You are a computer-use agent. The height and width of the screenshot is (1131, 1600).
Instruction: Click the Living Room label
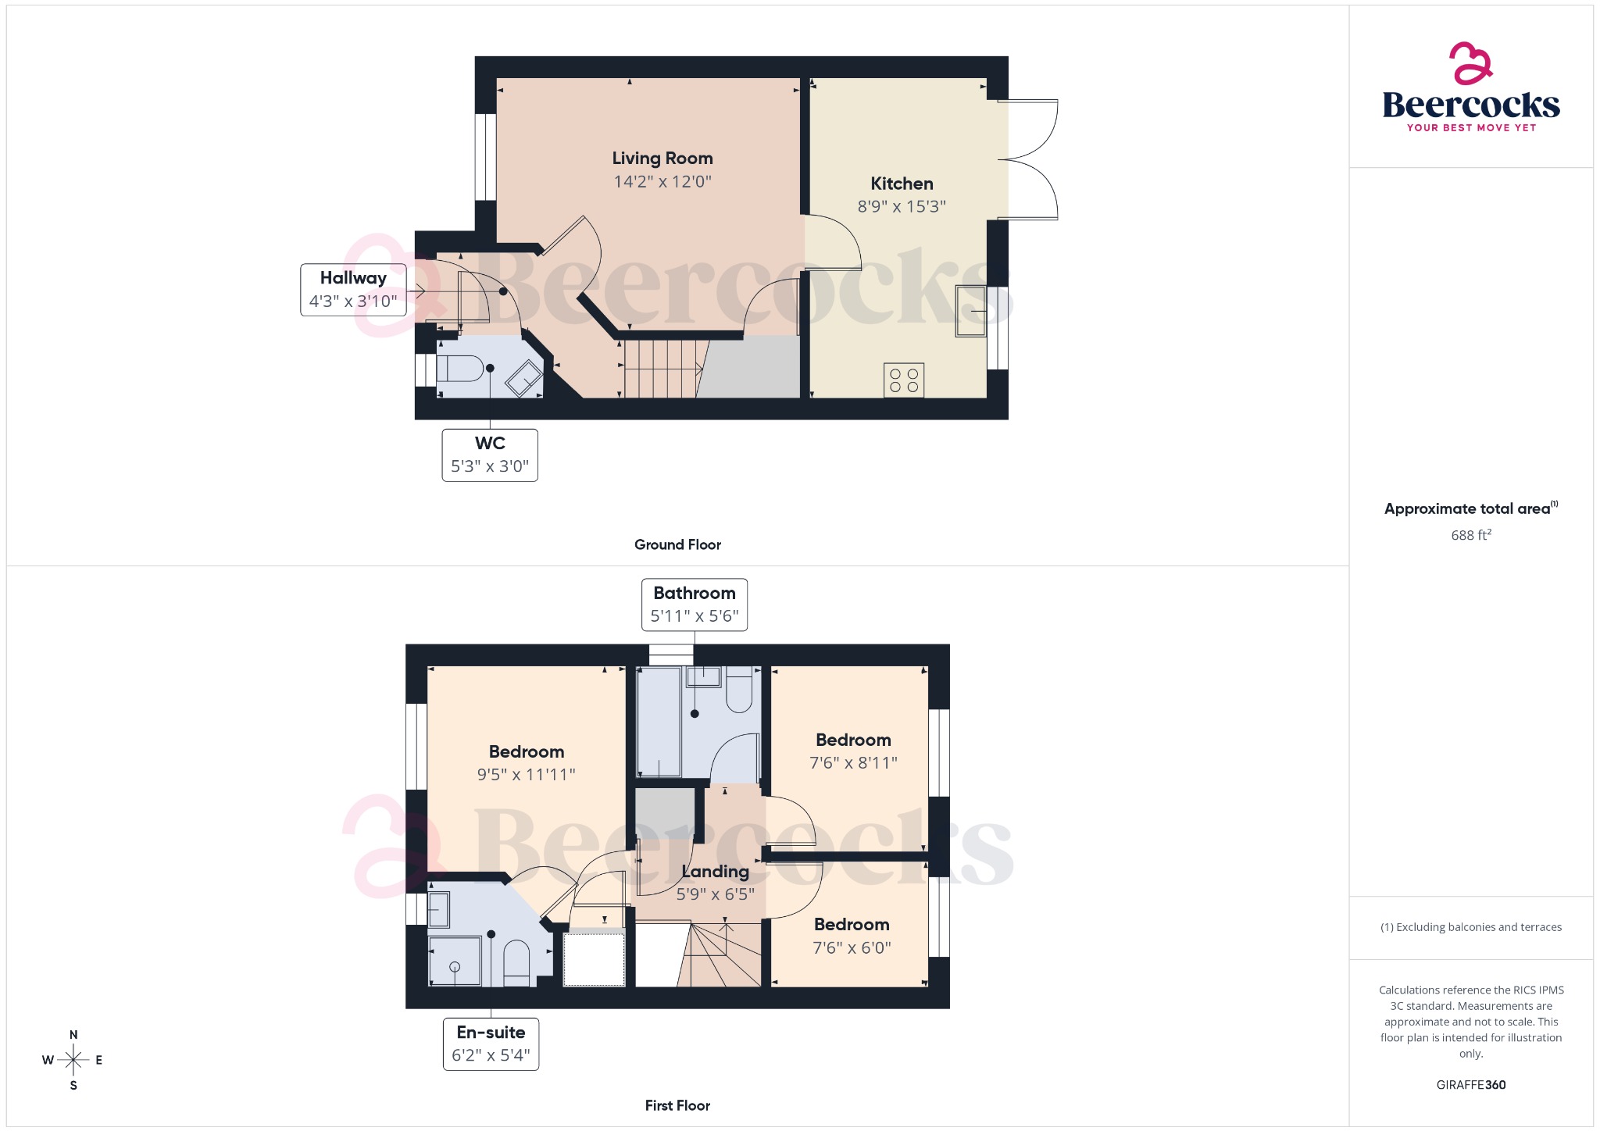point(662,159)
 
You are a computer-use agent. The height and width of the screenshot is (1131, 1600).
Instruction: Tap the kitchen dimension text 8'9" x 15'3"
point(902,207)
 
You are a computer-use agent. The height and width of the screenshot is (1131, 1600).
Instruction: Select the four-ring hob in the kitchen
point(904,380)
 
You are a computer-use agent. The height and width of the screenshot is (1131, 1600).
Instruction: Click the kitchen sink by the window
point(970,311)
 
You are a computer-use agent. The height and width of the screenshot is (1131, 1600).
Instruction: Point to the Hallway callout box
point(353,290)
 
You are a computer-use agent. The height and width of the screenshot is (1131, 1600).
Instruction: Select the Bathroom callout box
point(694,605)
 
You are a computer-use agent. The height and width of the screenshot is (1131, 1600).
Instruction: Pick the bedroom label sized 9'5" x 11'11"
point(526,752)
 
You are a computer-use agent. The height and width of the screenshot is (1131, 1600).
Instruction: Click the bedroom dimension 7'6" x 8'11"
point(853,763)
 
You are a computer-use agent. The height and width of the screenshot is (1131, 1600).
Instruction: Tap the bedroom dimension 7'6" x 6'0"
point(852,948)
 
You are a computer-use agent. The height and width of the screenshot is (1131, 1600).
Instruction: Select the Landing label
point(715,872)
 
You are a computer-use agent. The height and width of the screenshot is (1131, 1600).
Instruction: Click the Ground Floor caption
point(677,545)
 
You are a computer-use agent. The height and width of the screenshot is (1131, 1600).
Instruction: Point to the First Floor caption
point(677,1106)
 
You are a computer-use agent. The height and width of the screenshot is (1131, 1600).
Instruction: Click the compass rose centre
point(73,1060)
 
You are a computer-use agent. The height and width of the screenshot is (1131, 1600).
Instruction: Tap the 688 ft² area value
point(1470,535)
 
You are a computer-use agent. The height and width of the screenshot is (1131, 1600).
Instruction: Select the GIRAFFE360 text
point(1470,1085)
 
